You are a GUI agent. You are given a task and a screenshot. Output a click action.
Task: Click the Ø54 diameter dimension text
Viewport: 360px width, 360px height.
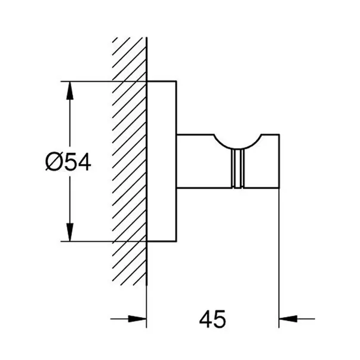(68, 162)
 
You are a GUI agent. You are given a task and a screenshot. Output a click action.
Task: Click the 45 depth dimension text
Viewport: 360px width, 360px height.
(213, 319)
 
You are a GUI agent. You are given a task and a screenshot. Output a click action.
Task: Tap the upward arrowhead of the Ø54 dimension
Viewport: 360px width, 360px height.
(70, 91)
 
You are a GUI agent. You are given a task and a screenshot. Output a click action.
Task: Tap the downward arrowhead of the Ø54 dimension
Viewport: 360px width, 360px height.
(70, 232)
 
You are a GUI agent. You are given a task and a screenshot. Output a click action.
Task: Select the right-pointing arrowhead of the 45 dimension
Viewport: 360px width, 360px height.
(137, 319)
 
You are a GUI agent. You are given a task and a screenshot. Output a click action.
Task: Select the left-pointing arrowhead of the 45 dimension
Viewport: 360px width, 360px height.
(288, 319)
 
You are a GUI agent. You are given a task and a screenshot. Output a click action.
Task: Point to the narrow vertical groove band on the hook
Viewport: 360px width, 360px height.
(238, 168)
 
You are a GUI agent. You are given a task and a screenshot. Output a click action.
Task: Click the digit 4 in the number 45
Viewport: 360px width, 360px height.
(206, 319)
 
